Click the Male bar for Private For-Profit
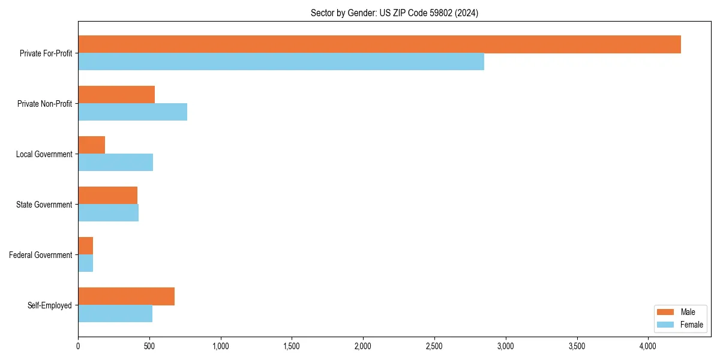(379, 44)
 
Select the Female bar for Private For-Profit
(281, 62)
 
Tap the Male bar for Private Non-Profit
(116, 95)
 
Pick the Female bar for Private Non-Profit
(133, 112)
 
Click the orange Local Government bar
(91, 145)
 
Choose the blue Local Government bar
(115, 163)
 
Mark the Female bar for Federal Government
(85, 263)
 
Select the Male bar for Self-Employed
(126, 296)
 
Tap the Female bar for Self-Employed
(115, 314)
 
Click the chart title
(394, 13)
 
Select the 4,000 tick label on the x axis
(648, 346)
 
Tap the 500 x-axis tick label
(149, 346)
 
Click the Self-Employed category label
(50, 305)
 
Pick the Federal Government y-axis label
(41, 255)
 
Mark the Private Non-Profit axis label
(44, 104)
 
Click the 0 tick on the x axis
(78, 346)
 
